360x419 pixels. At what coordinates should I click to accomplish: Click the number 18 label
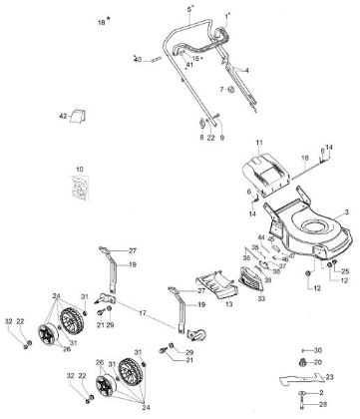point(100,21)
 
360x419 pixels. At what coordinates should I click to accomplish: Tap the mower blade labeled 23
point(308,377)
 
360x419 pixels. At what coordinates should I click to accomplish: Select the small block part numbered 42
point(80,118)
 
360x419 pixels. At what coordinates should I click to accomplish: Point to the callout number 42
point(62,118)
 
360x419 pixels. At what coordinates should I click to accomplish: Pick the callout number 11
point(259,145)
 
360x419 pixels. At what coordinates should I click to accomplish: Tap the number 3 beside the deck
point(346,212)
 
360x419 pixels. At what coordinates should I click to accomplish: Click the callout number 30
point(318,350)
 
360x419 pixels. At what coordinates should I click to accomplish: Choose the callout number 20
point(318,362)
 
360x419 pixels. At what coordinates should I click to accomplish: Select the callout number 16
point(304,159)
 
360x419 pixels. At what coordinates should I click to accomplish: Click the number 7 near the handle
point(222,91)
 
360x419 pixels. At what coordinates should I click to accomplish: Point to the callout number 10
point(80,170)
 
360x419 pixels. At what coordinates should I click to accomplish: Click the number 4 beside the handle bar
point(246,71)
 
